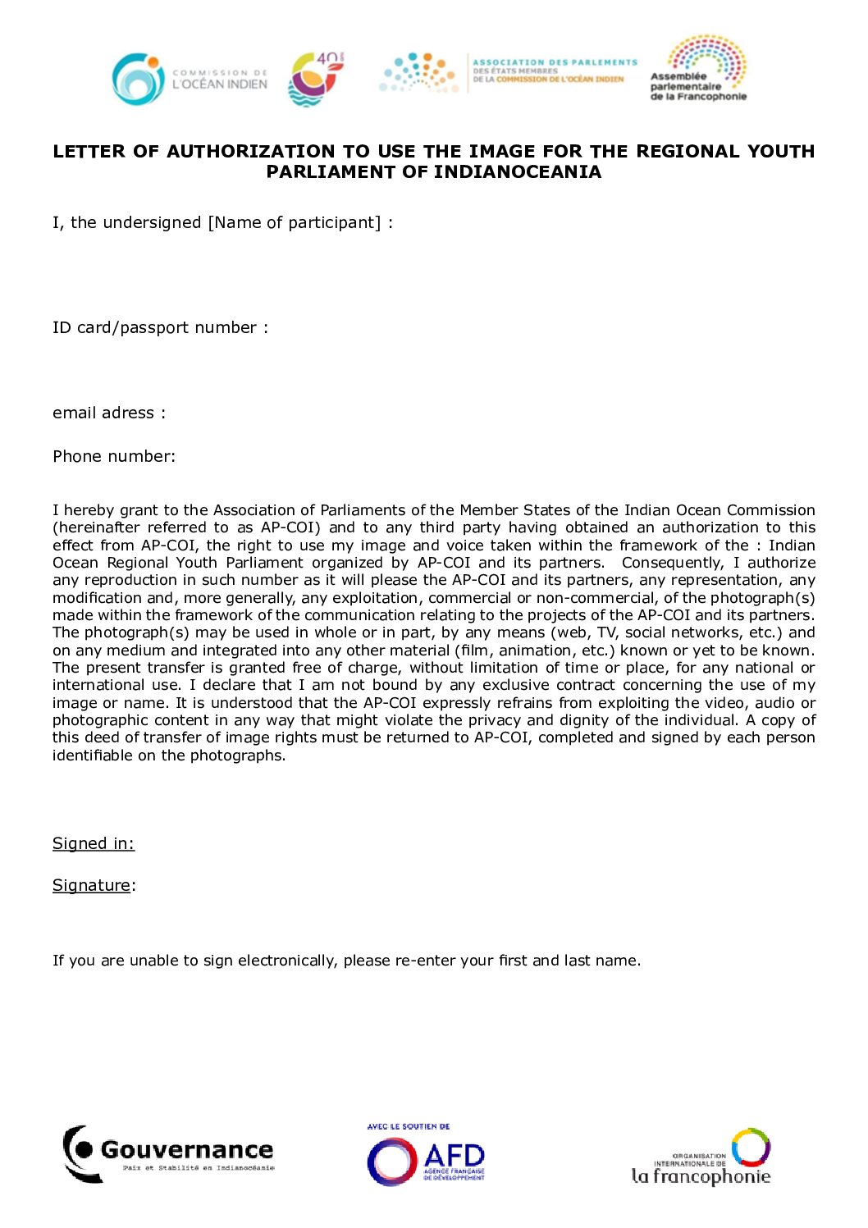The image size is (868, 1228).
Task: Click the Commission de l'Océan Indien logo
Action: tap(190, 79)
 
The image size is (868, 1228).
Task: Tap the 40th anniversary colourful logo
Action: tap(316, 79)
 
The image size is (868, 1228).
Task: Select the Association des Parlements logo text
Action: tap(554, 71)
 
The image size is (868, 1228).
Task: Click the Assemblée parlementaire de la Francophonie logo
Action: tap(699, 69)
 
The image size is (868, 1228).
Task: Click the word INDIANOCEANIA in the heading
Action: tap(517, 172)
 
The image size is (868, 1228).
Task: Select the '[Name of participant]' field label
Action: tap(295, 223)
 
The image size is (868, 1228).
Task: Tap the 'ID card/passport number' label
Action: tap(155, 328)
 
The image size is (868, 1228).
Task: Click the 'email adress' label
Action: tap(103, 413)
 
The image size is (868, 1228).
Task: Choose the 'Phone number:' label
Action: tap(114, 457)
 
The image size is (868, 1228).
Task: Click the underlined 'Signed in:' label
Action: tap(94, 844)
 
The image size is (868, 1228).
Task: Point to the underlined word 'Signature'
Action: tap(91, 886)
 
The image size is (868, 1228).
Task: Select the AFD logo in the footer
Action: tap(426, 1161)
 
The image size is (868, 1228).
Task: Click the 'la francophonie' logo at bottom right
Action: tap(701, 1157)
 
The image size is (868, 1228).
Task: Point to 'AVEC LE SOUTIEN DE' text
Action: tap(409, 1127)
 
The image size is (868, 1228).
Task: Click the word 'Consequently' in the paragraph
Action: tap(671, 563)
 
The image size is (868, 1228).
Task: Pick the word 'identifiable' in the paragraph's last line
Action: tap(94, 756)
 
